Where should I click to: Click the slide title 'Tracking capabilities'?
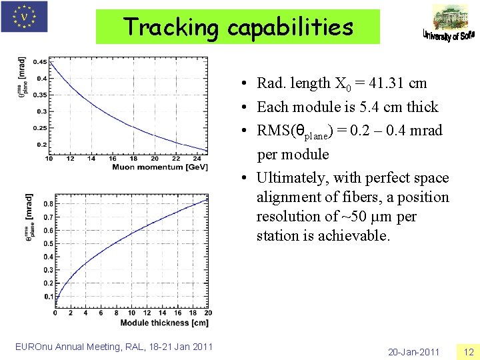point(238,27)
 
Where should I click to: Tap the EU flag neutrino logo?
point(25,17)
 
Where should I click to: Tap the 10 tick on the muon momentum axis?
point(49,159)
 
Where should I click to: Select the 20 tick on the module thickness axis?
point(209,313)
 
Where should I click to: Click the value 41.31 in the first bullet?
point(388,83)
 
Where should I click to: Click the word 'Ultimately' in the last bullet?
point(289,178)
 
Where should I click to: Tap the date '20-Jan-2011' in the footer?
point(413,352)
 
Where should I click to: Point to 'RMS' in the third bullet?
point(273,131)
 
